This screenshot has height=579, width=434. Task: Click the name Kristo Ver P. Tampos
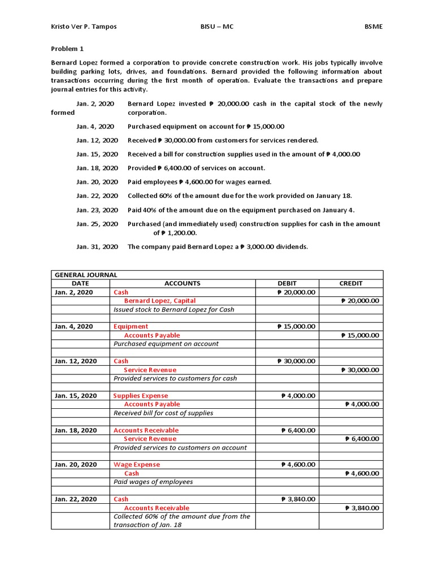[84, 27]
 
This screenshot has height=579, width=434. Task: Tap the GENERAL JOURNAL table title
[86, 275]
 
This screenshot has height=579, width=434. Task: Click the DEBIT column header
[287, 283]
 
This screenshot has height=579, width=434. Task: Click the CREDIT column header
[350, 283]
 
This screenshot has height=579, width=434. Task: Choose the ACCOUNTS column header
[182, 283]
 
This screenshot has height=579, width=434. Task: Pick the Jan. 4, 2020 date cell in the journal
[76, 326]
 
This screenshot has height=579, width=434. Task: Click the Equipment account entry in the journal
[131, 326]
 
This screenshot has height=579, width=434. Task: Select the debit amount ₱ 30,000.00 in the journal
[296, 361]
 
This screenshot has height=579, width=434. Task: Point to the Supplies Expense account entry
[141, 396]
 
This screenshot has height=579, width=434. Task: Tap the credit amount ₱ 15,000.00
[360, 335]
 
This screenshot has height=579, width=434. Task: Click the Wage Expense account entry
[137, 464]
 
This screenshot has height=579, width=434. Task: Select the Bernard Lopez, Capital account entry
[160, 301]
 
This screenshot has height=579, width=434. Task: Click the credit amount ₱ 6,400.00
[362, 439]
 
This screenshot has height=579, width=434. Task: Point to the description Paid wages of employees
[153, 482]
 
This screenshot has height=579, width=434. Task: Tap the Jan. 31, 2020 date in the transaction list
[97, 247]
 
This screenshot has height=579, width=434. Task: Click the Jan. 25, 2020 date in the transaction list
[97, 224]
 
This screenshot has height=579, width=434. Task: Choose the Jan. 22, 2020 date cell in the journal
[76, 499]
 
